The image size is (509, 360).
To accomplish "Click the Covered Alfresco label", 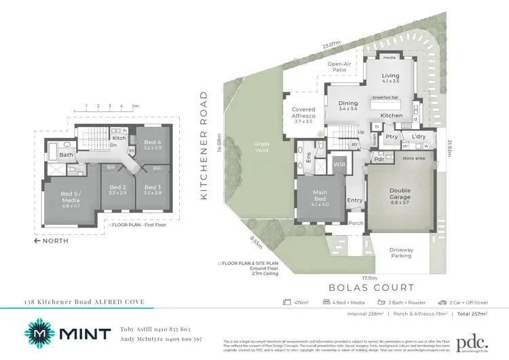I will [x=303, y=113].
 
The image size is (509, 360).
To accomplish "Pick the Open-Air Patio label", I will [x=339, y=67].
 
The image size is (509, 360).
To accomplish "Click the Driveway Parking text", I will [x=401, y=253].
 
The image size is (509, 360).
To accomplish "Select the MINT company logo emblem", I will [x=39, y=334].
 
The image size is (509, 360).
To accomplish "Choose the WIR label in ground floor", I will [x=339, y=164].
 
